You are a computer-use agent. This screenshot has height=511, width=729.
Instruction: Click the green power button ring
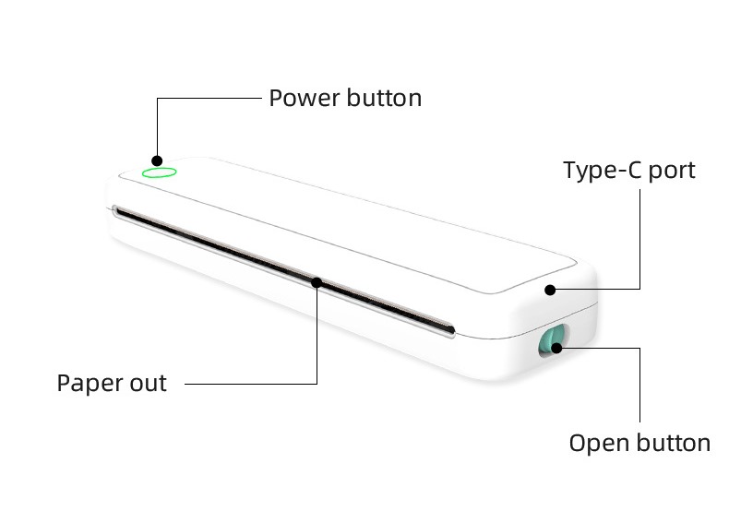(159, 172)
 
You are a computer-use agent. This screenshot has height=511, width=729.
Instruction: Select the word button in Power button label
(385, 98)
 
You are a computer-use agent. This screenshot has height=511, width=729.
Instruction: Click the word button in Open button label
(674, 443)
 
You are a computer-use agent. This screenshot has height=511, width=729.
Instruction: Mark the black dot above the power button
(157, 159)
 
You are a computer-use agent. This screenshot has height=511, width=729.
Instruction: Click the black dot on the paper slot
(317, 281)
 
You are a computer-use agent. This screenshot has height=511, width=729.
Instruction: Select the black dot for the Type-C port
(549, 290)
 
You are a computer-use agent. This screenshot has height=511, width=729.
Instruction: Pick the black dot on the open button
(558, 348)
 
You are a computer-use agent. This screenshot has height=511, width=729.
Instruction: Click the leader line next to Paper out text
(249, 383)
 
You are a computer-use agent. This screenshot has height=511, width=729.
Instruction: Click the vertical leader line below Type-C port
(639, 240)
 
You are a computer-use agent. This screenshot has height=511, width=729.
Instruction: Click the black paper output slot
(231, 249)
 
